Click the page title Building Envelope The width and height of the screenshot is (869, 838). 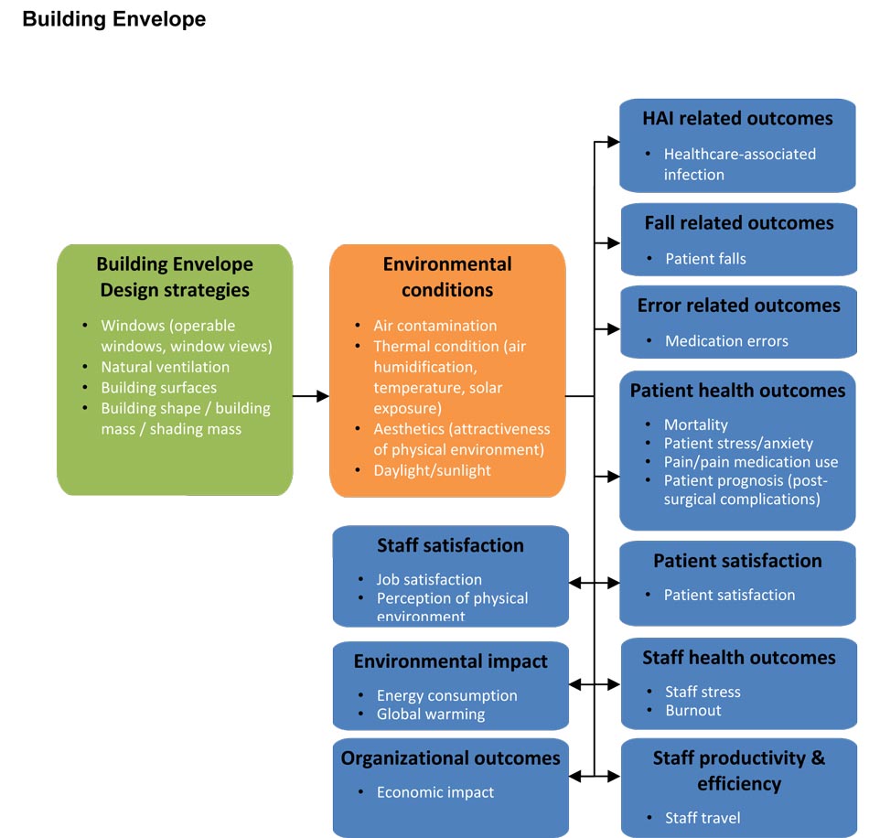tap(113, 19)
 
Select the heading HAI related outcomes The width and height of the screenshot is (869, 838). tap(737, 119)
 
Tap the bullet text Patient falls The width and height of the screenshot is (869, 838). tap(705, 259)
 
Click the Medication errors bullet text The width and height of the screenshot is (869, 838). tap(726, 341)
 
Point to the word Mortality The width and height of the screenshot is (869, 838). tap(696, 424)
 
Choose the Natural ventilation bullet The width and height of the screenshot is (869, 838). tap(165, 367)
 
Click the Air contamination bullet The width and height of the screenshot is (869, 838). tap(434, 326)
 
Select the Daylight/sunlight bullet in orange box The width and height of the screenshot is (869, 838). tap(432, 470)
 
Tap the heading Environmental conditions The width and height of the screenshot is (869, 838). tap(447, 277)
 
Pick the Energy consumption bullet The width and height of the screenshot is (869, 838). tap(446, 695)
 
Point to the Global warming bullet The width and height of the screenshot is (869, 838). tap(431, 714)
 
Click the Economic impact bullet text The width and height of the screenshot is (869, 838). tap(434, 793)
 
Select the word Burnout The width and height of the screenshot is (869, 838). tap(693, 711)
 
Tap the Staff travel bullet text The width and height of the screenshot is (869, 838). tap(703, 818)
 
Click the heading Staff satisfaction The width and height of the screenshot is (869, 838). tap(450, 546)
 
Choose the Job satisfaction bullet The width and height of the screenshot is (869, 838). tap(429, 579)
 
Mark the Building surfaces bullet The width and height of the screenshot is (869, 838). tap(158, 388)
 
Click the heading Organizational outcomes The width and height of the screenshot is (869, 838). tap(450, 758)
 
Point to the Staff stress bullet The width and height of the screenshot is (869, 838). tap(703, 692)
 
